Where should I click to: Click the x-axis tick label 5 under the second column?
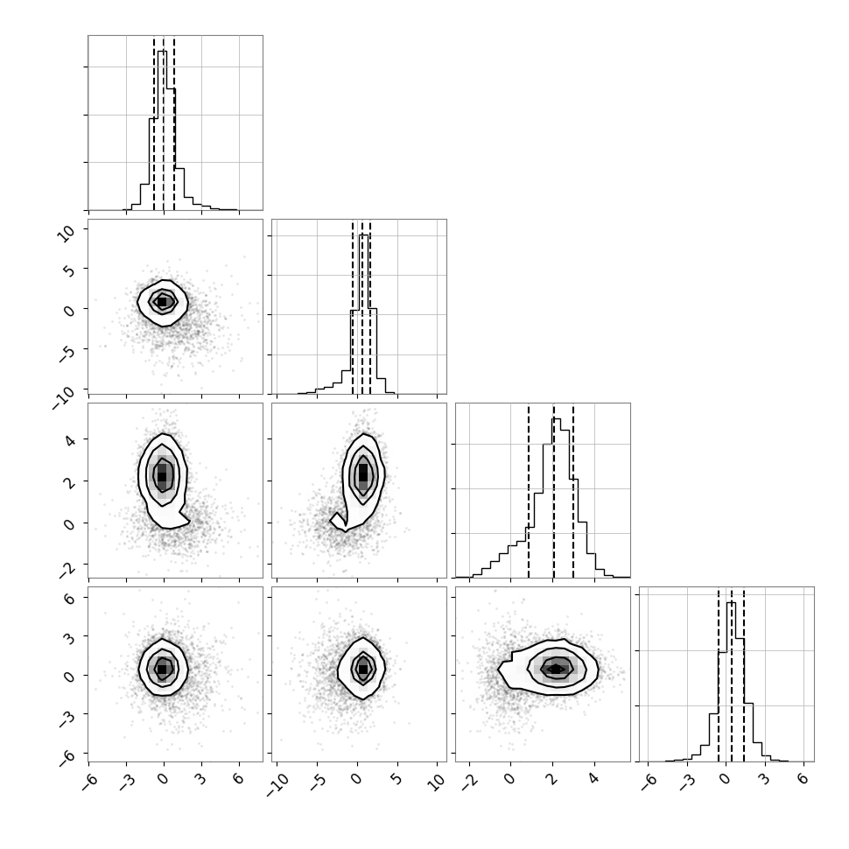pos(396,780)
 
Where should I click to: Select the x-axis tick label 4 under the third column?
pos(594,780)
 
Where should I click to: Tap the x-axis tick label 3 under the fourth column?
pos(764,780)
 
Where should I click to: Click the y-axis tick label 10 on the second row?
pos(67,234)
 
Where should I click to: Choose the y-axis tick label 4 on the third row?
pos(69,439)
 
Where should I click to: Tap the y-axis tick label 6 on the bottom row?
pos(69,597)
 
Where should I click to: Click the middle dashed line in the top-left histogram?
pos(164,123)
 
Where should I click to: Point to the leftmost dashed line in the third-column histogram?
pos(529,490)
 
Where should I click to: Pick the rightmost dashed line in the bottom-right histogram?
pos(744,674)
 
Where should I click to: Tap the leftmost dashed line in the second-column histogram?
pos(353,307)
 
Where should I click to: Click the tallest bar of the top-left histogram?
pos(163,130)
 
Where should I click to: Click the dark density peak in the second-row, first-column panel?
pos(162,302)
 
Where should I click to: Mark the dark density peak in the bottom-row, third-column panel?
pos(556,670)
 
